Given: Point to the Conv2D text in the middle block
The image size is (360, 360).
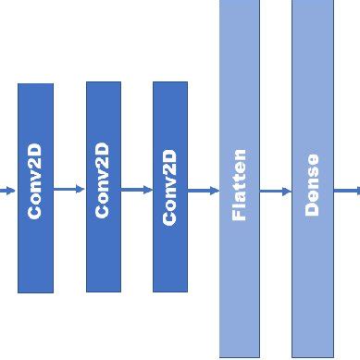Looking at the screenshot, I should coord(103,180).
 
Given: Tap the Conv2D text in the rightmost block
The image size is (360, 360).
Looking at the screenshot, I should coord(169,188).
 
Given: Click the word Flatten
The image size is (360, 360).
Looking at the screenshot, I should coord(239,185).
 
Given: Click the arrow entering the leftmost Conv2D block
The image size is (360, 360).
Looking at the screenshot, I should coord(7,191).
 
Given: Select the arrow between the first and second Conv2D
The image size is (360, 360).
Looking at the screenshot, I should coord(68,190).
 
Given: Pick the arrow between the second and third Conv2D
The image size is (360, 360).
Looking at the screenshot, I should coord(136,190).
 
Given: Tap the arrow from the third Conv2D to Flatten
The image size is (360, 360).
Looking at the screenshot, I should coord(203,191).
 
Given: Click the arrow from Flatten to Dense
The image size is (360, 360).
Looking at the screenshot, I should coord(275,192).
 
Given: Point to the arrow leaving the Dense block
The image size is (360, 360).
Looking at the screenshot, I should coord(347,192).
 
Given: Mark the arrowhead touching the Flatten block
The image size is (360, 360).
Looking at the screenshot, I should coord(215,191).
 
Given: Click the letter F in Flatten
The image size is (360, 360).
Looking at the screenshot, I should coord(239,216).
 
